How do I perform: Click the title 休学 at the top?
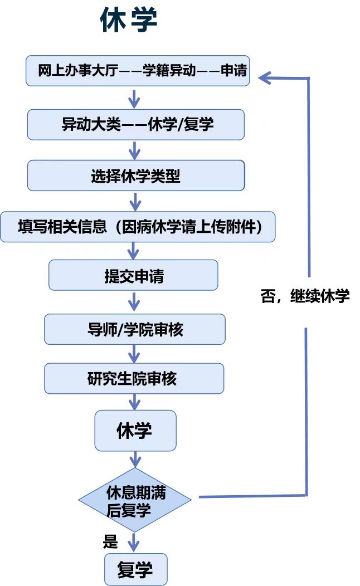129,19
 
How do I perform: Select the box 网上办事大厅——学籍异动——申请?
138,71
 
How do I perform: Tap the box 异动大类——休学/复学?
136,124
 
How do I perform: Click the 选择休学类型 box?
136,175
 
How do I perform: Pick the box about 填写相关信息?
138,227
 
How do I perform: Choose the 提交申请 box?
133,275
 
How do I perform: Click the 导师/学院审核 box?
135,329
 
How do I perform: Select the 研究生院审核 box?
134,378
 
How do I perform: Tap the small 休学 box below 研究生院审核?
135,431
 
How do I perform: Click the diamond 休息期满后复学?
135,500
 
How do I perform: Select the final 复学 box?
136,569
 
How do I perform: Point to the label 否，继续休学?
305,296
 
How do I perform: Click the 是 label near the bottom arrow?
110,541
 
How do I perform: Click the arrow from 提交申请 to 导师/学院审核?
134,301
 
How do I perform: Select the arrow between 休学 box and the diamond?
135,460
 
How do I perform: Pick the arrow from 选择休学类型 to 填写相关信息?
135,201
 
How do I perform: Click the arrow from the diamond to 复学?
134,542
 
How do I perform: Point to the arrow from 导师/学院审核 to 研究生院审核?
134,354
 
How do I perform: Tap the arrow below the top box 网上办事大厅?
134,98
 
